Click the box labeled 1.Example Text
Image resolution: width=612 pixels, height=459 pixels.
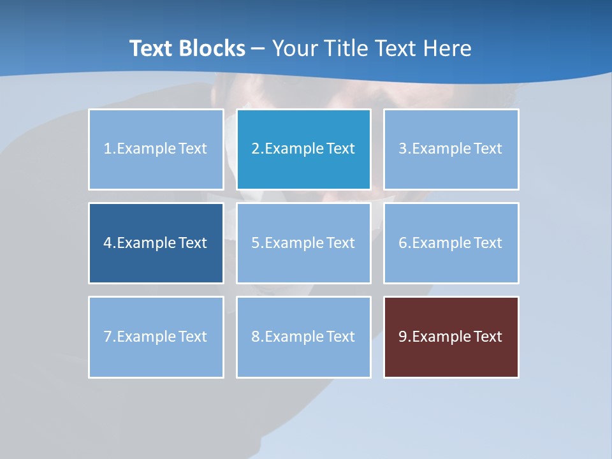coord(156,149)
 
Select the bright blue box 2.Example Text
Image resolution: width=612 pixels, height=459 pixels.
coord(303,149)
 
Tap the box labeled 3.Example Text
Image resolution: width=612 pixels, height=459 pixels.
coord(451,149)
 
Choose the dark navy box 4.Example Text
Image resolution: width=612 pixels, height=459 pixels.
coord(156,243)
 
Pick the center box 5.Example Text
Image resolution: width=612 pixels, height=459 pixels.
coord(303,243)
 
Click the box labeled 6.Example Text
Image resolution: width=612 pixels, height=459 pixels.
coord(451,243)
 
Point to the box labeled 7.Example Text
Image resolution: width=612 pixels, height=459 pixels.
coord(156,337)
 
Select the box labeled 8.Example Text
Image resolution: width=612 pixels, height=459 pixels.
coord(303,337)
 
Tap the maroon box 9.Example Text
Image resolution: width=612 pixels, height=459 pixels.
coord(451,337)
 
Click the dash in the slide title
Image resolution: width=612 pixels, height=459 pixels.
coord(259,48)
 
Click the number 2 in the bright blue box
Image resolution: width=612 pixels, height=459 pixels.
coord(255,149)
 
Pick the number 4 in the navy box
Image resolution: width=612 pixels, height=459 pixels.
coord(108,243)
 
